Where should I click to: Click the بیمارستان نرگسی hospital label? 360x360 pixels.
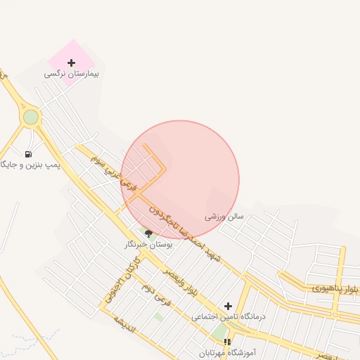point(72,73)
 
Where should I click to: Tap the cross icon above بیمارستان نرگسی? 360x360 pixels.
point(71,63)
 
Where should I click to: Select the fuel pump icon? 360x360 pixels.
point(28,154)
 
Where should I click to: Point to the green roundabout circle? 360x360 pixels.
point(30,117)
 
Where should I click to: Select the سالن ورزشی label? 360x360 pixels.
point(224,217)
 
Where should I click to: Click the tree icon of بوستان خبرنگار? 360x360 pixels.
point(148,233)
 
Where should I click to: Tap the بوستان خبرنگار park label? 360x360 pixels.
point(148,244)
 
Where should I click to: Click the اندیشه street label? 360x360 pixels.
point(124,324)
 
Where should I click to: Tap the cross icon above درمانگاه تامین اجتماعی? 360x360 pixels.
point(228,306)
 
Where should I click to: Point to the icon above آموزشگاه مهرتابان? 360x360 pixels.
point(227,342)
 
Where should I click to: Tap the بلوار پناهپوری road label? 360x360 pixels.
point(336,288)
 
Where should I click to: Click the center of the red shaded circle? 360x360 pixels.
point(180,180)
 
